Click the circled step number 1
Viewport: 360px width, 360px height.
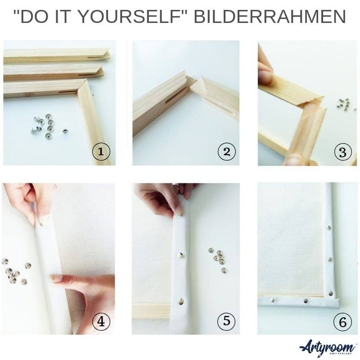[101, 152]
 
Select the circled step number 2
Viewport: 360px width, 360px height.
[226, 152]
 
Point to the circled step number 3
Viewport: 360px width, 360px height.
[342, 152]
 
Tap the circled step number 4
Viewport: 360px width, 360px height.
[101, 321]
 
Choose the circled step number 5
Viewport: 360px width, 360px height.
[226, 321]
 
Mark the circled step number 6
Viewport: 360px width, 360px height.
[342, 321]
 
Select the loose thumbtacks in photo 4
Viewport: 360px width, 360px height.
[15, 272]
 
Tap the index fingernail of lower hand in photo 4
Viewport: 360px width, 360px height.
[56, 278]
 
